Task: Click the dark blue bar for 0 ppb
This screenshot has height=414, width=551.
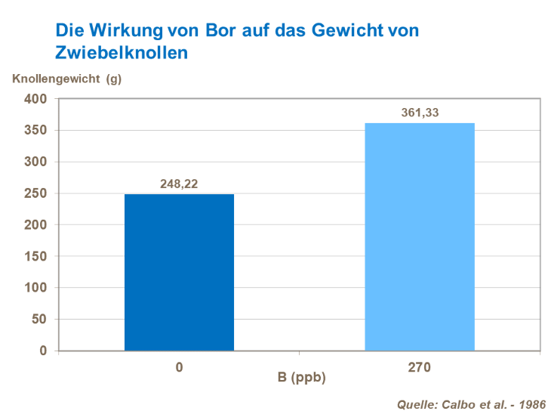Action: pos(179,272)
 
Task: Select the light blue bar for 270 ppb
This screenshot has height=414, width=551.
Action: pos(420,236)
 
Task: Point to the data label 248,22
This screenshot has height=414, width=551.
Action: pos(179,184)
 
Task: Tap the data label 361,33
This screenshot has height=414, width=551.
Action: pos(420,113)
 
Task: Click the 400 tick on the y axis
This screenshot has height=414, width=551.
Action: pos(35,99)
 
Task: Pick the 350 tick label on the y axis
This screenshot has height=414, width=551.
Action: pos(35,131)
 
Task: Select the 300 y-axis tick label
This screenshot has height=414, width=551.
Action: pos(35,162)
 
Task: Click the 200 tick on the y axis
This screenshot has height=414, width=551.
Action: pos(35,225)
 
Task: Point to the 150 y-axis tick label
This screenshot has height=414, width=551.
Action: pos(35,257)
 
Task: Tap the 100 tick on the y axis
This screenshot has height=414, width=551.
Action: pos(35,288)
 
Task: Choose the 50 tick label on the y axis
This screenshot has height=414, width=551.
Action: pos(38,320)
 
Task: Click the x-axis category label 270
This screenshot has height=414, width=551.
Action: pos(420,368)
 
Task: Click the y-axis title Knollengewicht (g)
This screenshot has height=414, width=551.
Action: pos(66,78)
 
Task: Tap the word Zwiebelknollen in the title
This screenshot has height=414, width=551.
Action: pos(122,53)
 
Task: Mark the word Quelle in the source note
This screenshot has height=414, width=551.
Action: pos(416,403)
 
